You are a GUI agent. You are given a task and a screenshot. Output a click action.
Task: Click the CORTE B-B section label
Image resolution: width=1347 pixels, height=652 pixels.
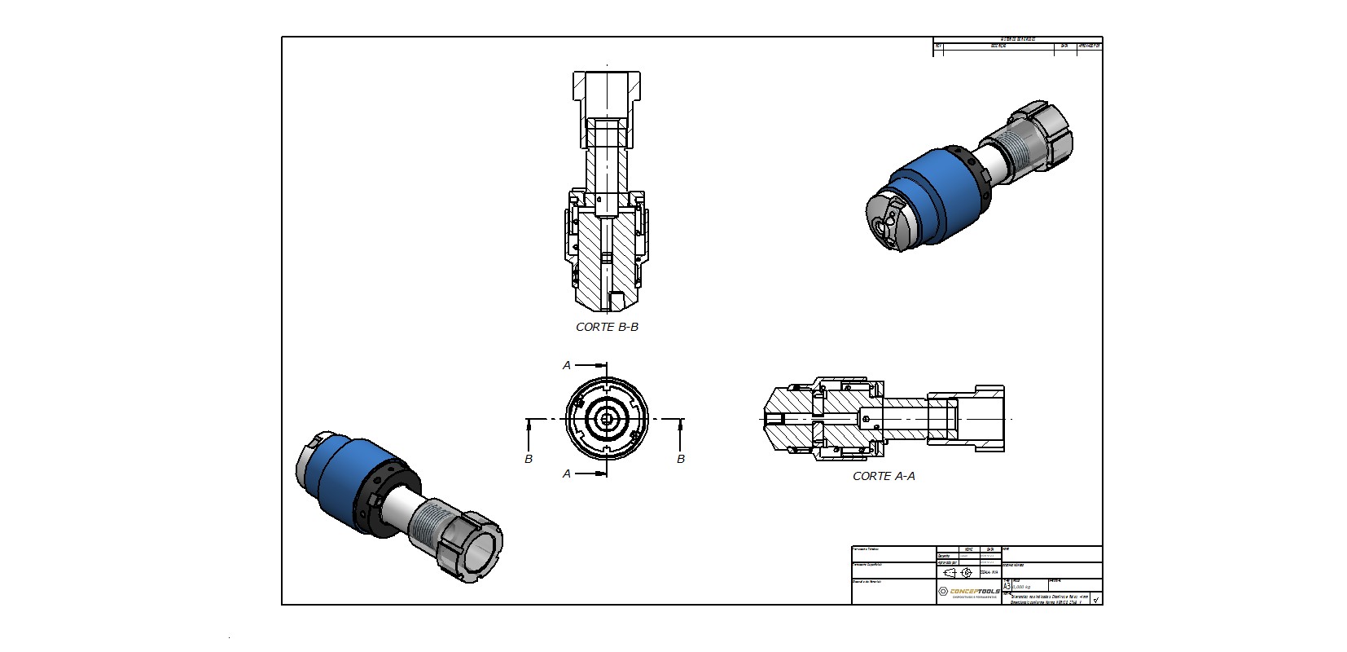point(607,327)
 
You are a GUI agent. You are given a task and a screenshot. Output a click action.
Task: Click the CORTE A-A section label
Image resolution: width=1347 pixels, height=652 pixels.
point(884,476)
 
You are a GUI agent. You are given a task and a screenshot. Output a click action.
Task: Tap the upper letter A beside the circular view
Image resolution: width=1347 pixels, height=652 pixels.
point(567,366)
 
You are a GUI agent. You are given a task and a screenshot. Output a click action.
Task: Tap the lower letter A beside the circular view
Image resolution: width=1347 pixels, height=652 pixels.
point(567,474)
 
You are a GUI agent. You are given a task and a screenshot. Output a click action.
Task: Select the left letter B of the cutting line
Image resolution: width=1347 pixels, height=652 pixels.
point(529,459)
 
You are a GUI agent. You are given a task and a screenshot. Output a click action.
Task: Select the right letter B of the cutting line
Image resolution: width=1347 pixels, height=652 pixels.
point(681,459)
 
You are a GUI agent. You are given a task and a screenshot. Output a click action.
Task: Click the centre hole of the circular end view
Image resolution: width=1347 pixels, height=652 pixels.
point(606,420)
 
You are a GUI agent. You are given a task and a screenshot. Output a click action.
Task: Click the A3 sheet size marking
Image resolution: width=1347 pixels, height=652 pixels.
point(1007,585)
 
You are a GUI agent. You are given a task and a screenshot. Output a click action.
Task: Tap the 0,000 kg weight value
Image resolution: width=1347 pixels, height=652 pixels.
point(1021,586)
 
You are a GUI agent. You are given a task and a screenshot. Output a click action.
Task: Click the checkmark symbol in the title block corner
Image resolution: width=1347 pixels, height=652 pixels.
point(1096,600)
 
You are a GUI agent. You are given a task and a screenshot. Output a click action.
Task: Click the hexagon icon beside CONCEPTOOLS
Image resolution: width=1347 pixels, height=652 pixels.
point(943,592)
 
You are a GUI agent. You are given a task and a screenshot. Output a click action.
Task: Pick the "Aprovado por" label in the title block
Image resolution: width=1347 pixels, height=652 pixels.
point(947,562)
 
